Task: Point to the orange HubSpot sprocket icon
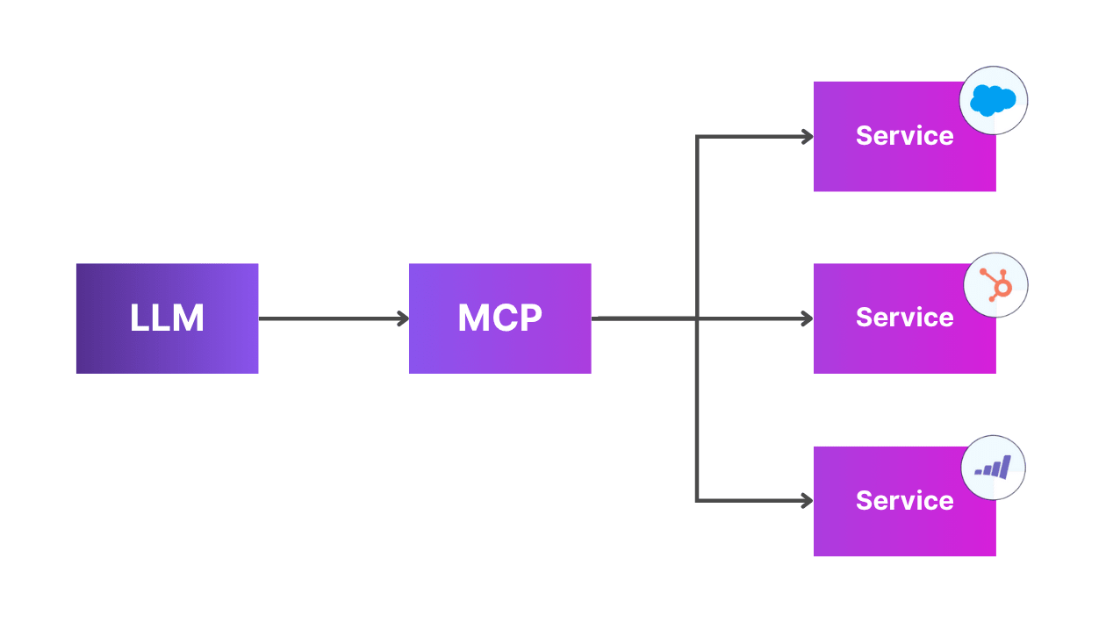[x=995, y=285]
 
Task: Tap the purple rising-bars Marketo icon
[x=993, y=467]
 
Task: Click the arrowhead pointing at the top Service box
[x=807, y=136]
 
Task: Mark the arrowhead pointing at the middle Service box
[x=807, y=318]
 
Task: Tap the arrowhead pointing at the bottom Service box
[x=807, y=501]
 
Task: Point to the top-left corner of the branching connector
[x=697, y=137]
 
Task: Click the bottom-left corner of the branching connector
[x=697, y=501]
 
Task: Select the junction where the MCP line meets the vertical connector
[x=697, y=318]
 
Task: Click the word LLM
[x=167, y=318]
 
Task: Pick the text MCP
[x=499, y=318]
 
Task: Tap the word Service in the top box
[x=904, y=136]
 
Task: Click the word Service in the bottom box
[x=904, y=501]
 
